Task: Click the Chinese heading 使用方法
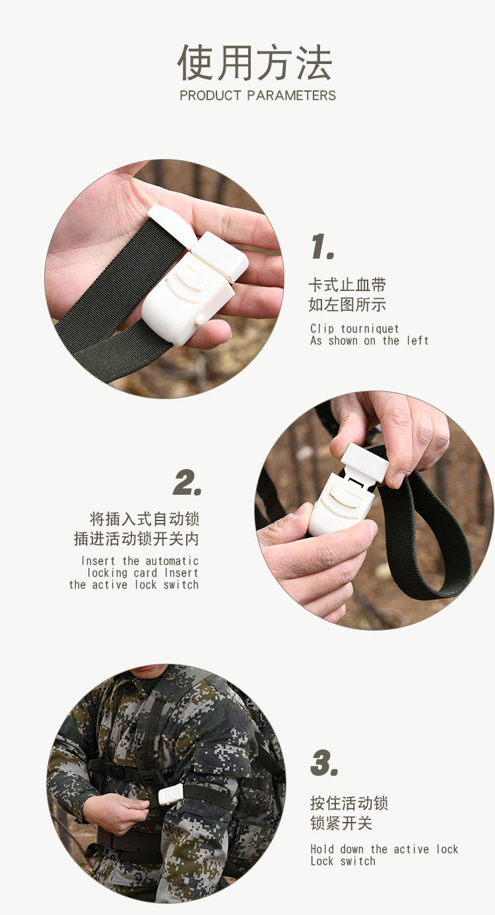(x=255, y=63)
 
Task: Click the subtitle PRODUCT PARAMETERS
(x=257, y=96)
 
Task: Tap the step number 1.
(x=323, y=247)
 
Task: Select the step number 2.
(x=187, y=483)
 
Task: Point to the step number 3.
(x=324, y=763)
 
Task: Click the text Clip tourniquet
(x=354, y=329)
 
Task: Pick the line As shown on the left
(x=369, y=340)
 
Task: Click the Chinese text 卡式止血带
(x=347, y=285)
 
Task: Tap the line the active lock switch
(x=134, y=585)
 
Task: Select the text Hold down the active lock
(x=384, y=849)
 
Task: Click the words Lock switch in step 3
(x=343, y=861)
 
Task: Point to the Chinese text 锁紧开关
(x=341, y=823)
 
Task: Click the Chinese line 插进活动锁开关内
(x=137, y=539)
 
